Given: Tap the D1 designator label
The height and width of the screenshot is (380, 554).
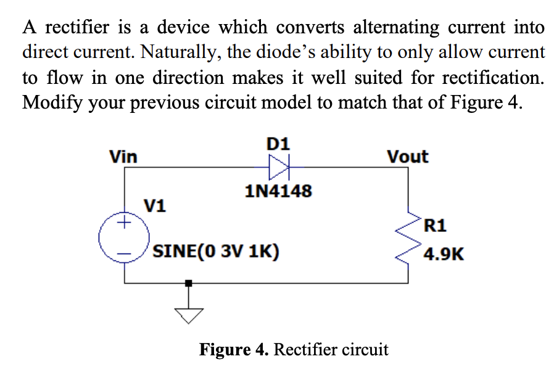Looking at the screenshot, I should [x=278, y=144].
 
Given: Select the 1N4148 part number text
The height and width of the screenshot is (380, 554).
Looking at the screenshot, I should [x=278, y=191].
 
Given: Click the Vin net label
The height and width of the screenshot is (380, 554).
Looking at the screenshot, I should [x=123, y=157].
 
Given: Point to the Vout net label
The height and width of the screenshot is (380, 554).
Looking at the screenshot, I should [x=407, y=157].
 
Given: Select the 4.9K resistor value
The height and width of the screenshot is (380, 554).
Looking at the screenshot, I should [x=444, y=253].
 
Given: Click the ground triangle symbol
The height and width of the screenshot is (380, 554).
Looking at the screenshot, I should [x=190, y=315].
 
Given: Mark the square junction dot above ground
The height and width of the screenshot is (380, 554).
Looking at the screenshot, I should [x=190, y=283].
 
